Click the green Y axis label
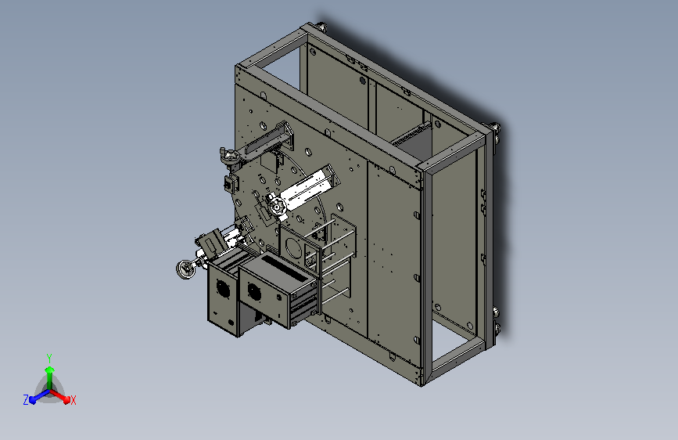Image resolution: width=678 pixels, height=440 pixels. coord(49,359)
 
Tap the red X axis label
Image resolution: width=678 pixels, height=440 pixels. coord(73,401)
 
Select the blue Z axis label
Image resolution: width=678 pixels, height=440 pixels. coord(26,400)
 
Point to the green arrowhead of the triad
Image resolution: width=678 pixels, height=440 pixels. coord(49,370)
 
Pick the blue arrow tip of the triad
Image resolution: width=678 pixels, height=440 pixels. coord(33,400)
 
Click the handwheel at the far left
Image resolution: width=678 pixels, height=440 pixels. coord(186,269)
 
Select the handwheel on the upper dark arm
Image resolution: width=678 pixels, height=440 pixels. coord(231,157)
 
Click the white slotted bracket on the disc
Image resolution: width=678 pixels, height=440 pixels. coord(307,189)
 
